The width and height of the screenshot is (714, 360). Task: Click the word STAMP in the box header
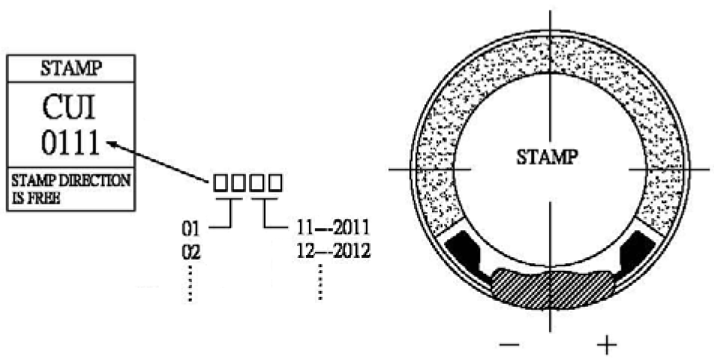pos(71,68)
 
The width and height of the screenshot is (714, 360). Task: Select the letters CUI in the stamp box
pos(69,108)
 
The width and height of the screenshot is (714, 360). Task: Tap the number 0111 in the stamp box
pos(70,142)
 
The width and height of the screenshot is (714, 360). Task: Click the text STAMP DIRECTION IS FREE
pos(70,188)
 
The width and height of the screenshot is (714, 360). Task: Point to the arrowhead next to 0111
pos(112,144)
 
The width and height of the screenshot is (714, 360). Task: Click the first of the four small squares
pos(220,183)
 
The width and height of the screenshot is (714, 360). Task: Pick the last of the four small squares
pos(275,183)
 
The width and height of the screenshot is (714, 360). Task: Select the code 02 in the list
pos(190,252)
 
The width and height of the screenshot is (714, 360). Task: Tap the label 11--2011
pos(333,227)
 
